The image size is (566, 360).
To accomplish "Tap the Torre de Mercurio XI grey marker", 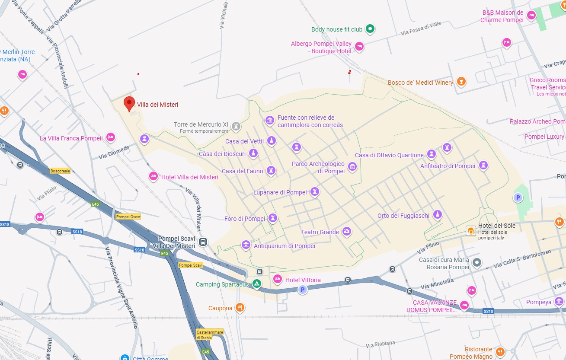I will click(236, 126).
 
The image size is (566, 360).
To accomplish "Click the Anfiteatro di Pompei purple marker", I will click(483, 165).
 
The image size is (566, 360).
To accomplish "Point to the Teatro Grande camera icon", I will click(346, 232).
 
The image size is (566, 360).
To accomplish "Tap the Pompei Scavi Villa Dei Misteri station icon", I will click(203, 242).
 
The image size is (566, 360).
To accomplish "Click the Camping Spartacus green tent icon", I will click(257, 284).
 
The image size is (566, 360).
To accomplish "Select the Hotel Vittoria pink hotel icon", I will click(278, 279).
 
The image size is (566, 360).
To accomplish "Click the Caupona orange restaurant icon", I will click(240, 308).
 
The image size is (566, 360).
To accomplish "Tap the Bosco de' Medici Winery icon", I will click(461, 82).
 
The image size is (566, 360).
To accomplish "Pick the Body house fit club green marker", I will click(370, 29).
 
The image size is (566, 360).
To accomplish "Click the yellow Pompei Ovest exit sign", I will click(128, 217).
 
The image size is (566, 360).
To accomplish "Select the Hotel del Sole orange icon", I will click(471, 231).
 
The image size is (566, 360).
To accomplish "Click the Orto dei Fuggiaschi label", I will click(403, 216).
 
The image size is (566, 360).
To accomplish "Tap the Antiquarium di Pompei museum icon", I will click(246, 245).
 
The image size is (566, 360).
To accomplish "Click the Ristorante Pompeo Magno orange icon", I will click(500, 351).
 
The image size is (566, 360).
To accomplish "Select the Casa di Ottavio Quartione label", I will click(389, 155).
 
